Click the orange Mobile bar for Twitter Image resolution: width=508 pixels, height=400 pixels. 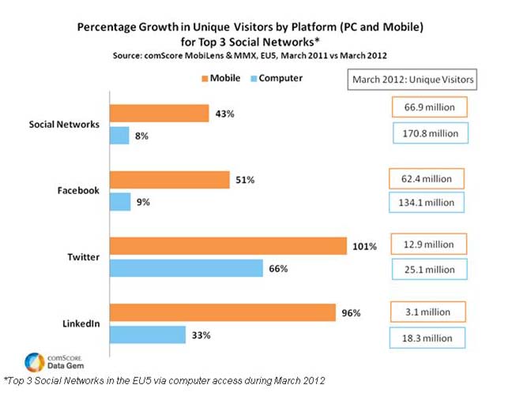coord(228,245)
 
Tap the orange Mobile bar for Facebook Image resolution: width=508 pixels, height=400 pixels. coord(169,180)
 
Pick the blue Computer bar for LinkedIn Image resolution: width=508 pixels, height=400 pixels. coord(147,335)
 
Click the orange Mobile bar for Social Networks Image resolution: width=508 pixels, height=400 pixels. coord(159,114)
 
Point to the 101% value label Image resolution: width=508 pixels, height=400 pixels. coord(363,246)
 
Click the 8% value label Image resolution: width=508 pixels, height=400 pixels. coord(143,136)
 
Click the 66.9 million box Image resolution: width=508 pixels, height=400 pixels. coord(427,108)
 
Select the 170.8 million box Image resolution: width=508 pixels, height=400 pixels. coord(429,133)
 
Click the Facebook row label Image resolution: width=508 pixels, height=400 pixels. coord(79,191)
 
